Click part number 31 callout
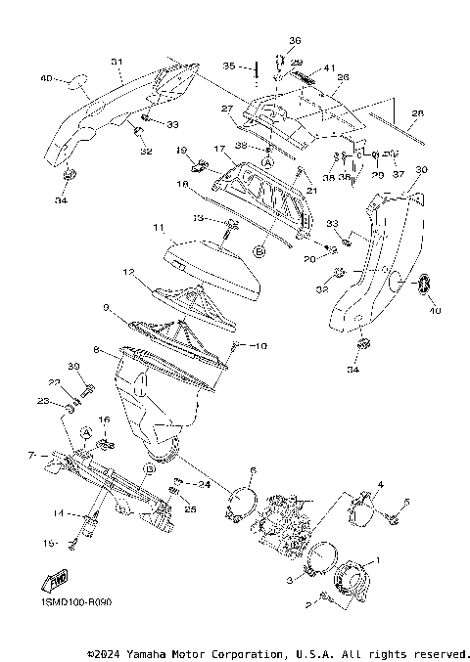[x=116, y=62]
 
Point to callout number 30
[x=422, y=169]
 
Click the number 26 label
[x=343, y=76]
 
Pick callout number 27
[x=225, y=109]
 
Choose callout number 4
[x=382, y=484]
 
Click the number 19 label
[x=181, y=150]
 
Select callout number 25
[x=190, y=509]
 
